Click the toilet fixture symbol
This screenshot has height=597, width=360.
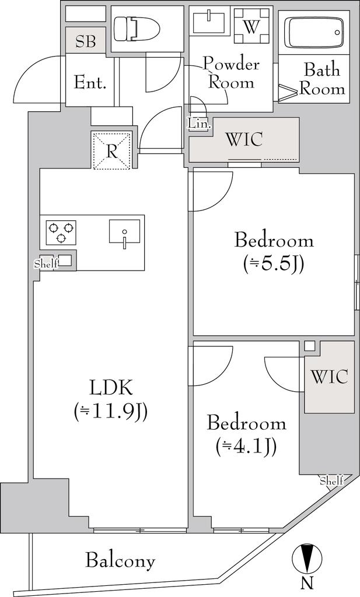pos(136,28)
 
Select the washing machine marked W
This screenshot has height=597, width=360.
pos(250,27)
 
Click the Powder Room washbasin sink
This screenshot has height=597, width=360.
pos(209,22)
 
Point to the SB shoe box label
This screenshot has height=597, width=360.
pos(85,41)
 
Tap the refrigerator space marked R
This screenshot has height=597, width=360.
pos(111,151)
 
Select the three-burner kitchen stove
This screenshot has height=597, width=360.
pos(61,232)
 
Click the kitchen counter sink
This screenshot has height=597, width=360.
pos(124,231)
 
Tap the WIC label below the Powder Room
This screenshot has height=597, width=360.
pos(244,139)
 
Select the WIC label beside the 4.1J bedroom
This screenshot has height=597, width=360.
pos(329,377)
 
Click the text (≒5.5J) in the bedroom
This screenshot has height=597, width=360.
pos(274,264)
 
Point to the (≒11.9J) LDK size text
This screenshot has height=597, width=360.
pos(111,410)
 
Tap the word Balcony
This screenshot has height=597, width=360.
pos(120,561)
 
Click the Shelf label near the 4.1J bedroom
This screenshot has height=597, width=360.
pos(331,480)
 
